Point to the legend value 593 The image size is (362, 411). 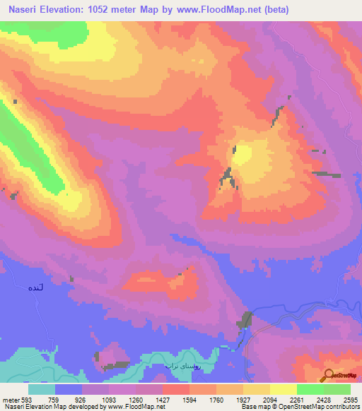click(24, 399)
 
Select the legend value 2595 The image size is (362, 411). click(350, 399)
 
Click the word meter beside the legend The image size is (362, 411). click(8, 399)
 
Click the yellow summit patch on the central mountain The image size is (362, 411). click(243, 154)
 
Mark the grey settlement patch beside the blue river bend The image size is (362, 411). click(247, 319)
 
